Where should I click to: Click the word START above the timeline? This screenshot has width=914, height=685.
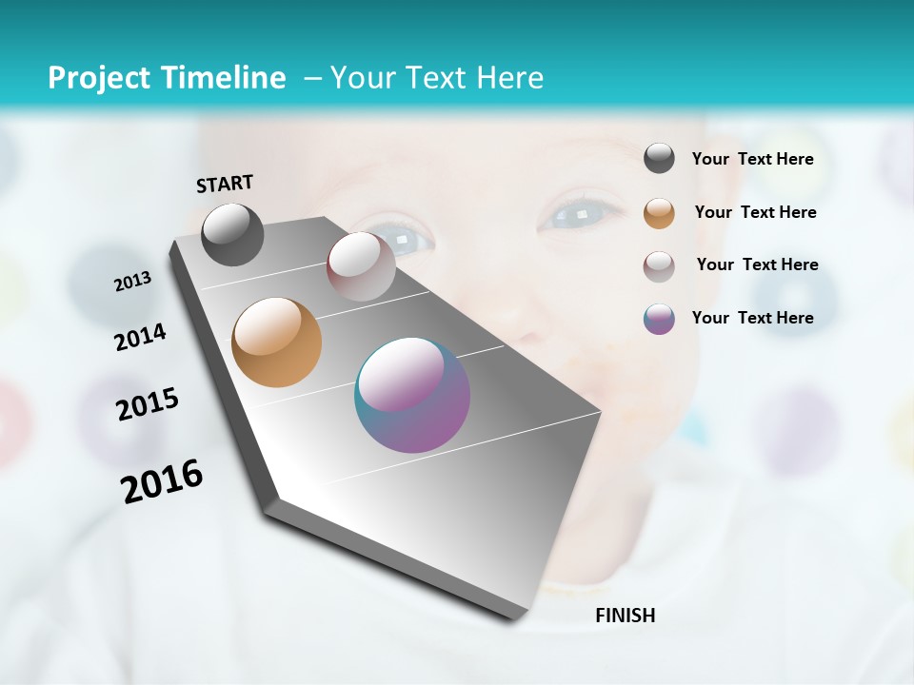(x=225, y=184)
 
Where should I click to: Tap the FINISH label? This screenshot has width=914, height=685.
(x=625, y=616)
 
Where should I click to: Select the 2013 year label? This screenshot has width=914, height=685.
(x=132, y=282)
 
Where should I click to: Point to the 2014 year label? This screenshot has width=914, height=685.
(x=140, y=338)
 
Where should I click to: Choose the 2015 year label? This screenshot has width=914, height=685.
(x=147, y=404)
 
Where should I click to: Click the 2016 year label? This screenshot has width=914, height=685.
(x=161, y=481)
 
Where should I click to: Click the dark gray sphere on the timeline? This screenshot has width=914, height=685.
(x=232, y=234)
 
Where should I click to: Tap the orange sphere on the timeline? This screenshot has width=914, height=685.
(x=276, y=342)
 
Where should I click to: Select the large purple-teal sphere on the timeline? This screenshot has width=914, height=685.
(x=412, y=395)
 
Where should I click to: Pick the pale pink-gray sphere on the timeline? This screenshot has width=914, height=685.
(x=361, y=266)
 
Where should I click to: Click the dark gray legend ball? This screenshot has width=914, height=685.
(x=659, y=159)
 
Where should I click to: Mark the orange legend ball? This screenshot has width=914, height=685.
(x=659, y=213)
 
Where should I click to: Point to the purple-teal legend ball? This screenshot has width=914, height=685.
(x=659, y=319)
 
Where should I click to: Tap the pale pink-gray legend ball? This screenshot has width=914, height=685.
(x=659, y=266)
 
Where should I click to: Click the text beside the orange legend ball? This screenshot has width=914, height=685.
(x=755, y=212)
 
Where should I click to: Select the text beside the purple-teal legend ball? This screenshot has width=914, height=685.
(x=752, y=318)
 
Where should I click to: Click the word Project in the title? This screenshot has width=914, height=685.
(x=98, y=78)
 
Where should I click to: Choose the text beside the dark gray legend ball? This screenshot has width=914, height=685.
(x=752, y=160)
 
